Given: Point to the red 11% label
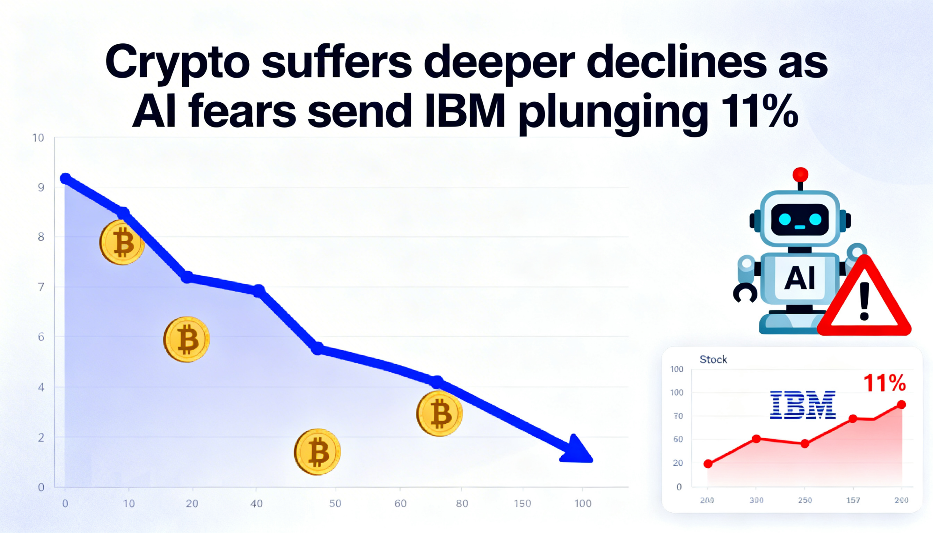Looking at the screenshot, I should pyautogui.click(x=885, y=383).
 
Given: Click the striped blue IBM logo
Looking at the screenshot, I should pyautogui.click(x=803, y=405).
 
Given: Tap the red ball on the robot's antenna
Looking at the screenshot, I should pyautogui.click(x=800, y=175).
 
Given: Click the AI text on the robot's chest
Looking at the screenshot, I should pyautogui.click(x=800, y=278).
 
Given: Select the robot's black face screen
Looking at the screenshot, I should pyautogui.click(x=800, y=220).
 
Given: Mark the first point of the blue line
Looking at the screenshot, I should pyautogui.click(x=66, y=179).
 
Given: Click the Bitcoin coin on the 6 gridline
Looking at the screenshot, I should pyautogui.click(x=186, y=339).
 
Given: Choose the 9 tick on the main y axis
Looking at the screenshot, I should pyautogui.click(x=41, y=187).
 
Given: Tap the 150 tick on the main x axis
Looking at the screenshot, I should pyautogui.click(x=522, y=504).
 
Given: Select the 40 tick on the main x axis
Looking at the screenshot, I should pyautogui.click(x=256, y=504).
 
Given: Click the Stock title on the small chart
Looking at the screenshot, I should pyautogui.click(x=713, y=360).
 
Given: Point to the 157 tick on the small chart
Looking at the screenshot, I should pyautogui.click(x=853, y=500).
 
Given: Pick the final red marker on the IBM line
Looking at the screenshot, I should pyautogui.click(x=902, y=404).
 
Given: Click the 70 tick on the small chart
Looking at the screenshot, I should pyautogui.click(x=678, y=416).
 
